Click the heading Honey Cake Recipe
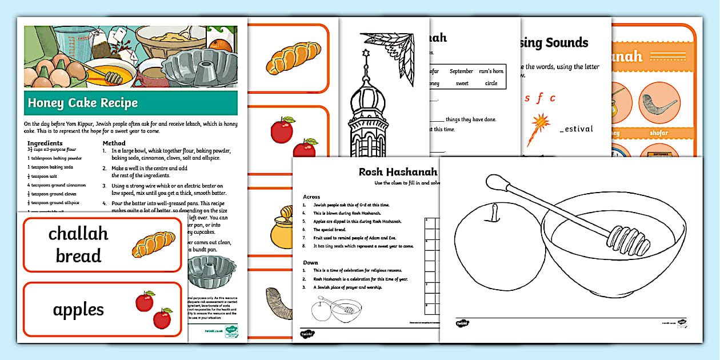coord(83,103)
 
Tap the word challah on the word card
coord(78,234)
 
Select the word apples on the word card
coord(78,310)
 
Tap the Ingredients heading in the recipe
coord(45,143)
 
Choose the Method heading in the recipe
coord(114,143)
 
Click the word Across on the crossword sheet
coord(311,197)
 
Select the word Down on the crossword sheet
coord(310,262)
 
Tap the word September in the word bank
coord(461,71)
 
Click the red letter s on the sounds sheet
coord(527,98)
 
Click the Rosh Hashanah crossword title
coord(398,172)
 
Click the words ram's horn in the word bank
coord(491,71)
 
